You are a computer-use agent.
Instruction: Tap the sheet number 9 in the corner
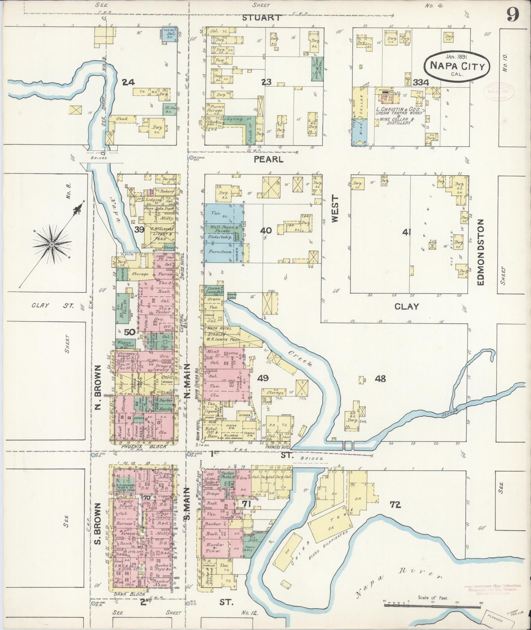coord(512,15)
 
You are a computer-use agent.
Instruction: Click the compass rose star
coord(52,244)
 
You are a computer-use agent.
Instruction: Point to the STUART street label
coord(262,18)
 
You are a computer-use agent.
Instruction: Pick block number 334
coord(421,82)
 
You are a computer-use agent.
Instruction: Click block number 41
coord(406,232)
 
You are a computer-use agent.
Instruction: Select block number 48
coord(380,378)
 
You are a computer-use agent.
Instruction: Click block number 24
coord(128,82)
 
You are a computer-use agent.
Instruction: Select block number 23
coord(266,82)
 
